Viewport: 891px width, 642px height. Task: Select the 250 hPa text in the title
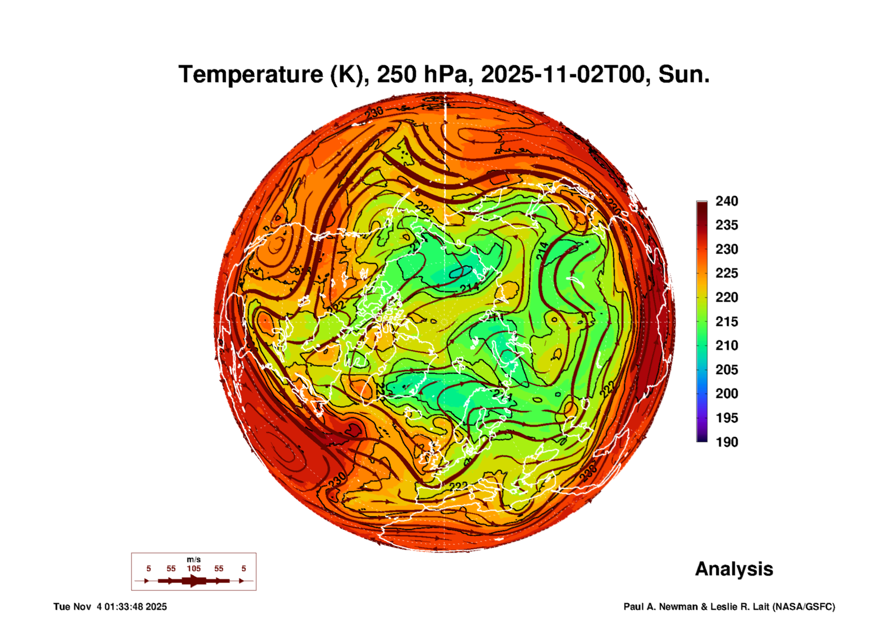click(422, 74)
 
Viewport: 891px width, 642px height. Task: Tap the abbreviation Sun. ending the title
click(684, 74)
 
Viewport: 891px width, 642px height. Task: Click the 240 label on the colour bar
click(726, 201)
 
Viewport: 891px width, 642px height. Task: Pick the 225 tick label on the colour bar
click(726, 273)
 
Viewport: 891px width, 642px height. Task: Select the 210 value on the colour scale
click(726, 345)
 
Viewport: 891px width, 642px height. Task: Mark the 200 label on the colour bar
click(726, 394)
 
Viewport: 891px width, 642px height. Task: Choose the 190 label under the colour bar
click(726, 442)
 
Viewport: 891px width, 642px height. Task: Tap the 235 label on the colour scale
click(726, 225)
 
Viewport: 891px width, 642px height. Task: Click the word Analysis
click(734, 569)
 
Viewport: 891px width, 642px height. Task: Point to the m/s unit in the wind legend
click(193, 559)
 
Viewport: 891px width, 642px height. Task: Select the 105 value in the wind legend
click(193, 568)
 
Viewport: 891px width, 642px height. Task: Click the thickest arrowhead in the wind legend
click(194, 581)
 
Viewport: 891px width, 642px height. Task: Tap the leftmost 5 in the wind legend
click(149, 568)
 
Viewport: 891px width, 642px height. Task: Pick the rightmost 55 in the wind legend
click(219, 568)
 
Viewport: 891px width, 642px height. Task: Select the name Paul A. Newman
click(661, 607)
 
